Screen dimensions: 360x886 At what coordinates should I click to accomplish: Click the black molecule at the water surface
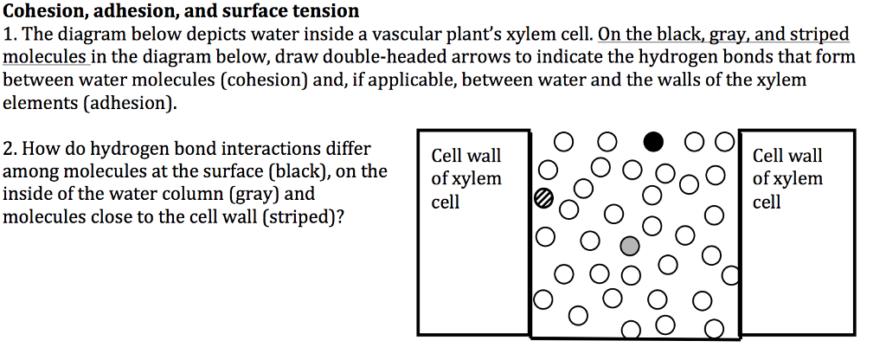(653, 140)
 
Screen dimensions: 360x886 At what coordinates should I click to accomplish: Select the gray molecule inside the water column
(631, 247)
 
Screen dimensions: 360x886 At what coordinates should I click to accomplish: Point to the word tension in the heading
(321, 11)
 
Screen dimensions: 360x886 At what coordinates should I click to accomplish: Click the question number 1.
(10, 35)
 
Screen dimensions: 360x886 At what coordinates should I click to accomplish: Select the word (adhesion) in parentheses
(135, 103)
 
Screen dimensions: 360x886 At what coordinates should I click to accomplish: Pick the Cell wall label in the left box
(465, 157)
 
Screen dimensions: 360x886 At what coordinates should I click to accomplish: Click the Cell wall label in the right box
(787, 157)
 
